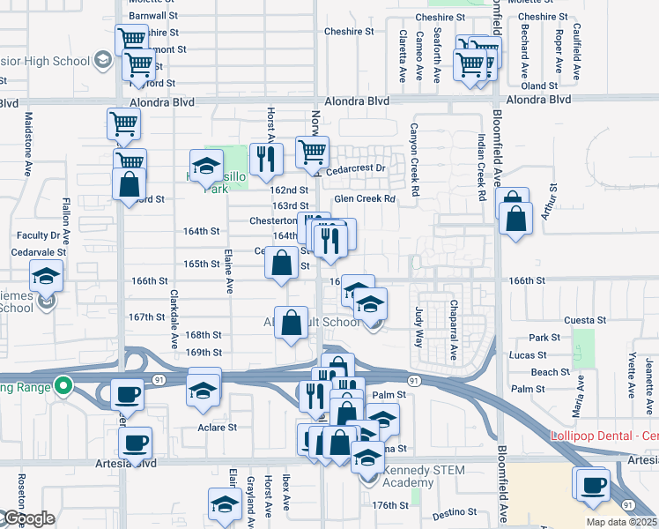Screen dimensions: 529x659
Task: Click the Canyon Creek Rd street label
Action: coord(411,154)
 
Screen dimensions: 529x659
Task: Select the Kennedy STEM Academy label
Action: coord(409,477)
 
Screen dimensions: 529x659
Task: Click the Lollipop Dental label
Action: coord(603,436)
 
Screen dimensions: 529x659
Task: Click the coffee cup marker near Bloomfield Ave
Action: coord(592,484)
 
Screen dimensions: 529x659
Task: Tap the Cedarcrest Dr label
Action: coord(356,168)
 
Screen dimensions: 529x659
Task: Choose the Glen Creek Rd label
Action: coord(364,199)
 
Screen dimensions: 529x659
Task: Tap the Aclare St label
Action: coord(217,428)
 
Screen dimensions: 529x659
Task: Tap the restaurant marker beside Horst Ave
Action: coord(264,159)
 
